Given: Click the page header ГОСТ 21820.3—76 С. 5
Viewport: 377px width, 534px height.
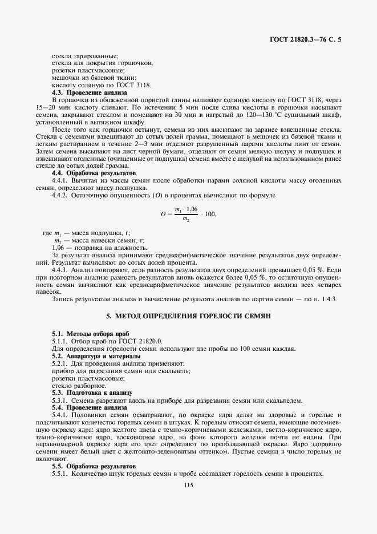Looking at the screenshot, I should (x=309, y=39).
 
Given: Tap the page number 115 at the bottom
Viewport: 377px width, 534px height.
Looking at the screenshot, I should (x=189, y=485).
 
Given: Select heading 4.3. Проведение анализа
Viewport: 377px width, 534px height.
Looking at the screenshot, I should (x=90, y=92).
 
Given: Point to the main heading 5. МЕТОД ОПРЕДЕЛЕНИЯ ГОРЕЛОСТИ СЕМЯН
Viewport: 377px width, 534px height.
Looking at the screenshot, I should (x=188, y=315).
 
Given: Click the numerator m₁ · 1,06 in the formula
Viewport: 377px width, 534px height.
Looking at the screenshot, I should (x=186, y=209).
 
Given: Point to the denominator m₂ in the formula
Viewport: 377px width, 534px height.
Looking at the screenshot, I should (x=186, y=219).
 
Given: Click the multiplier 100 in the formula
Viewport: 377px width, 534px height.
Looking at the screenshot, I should (x=210, y=214).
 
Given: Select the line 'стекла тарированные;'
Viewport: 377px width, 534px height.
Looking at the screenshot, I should (x=85, y=55).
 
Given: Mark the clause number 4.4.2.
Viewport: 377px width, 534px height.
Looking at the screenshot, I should (x=62, y=195).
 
